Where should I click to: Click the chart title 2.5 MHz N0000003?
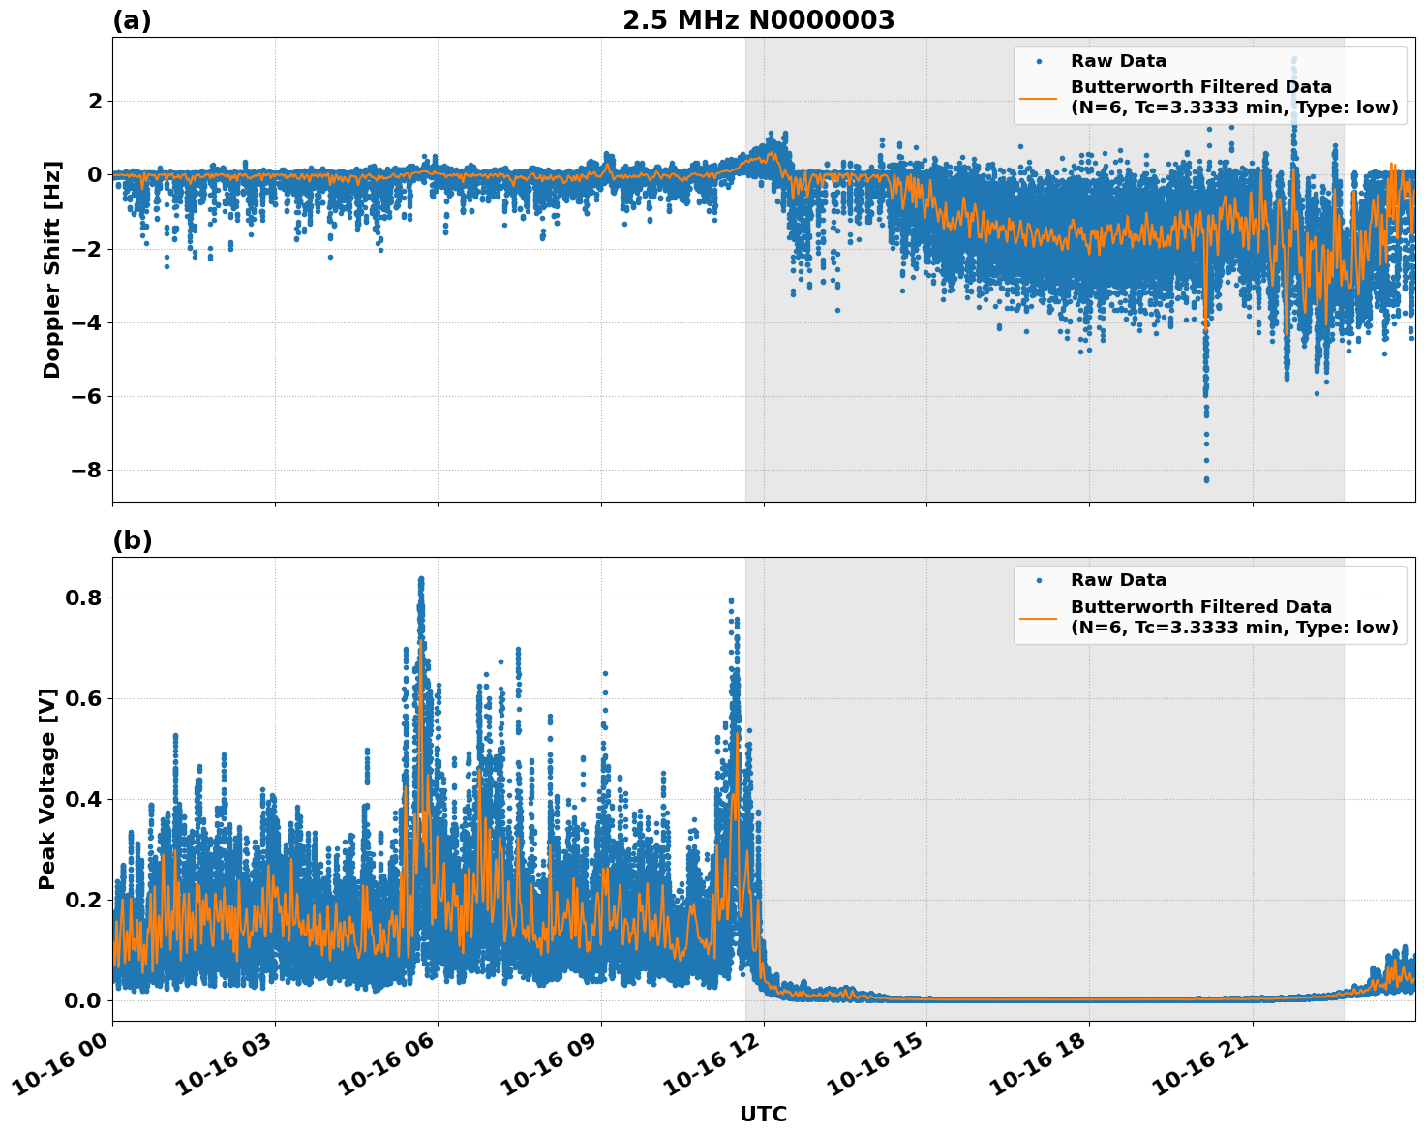tap(758, 20)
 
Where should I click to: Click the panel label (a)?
tap(132, 20)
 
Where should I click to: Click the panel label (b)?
tap(132, 540)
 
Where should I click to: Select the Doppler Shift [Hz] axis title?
tap(52, 269)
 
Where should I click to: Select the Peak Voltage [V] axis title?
tap(47, 788)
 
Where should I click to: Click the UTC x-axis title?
tap(763, 1114)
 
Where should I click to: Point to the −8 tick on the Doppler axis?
tap(84, 471)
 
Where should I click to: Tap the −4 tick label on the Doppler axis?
tap(84, 323)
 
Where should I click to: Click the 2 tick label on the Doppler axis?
tap(95, 102)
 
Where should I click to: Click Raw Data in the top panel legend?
tap(1118, 62)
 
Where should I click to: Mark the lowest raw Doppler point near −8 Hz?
tap(1206, 479)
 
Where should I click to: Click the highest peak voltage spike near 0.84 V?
tap(421, 579)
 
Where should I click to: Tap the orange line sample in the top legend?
tap(1039, 98)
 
